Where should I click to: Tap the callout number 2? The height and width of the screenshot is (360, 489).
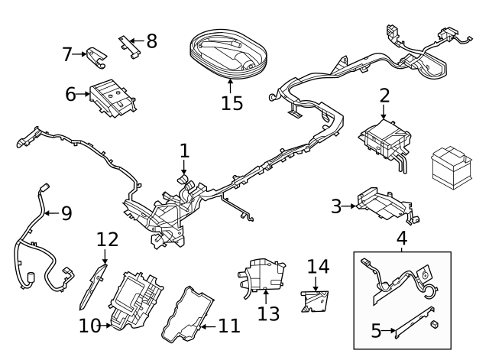[x=384, y=96]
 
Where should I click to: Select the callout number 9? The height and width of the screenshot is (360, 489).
[x=66, y=212]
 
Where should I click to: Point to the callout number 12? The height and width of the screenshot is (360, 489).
[x=108, y=239]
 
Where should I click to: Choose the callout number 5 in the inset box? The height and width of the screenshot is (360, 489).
[x=376, y=332]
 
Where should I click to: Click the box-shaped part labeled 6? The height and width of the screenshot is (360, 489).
[x=111, y=98]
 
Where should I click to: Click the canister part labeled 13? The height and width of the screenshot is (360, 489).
[x=261, y=274]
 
